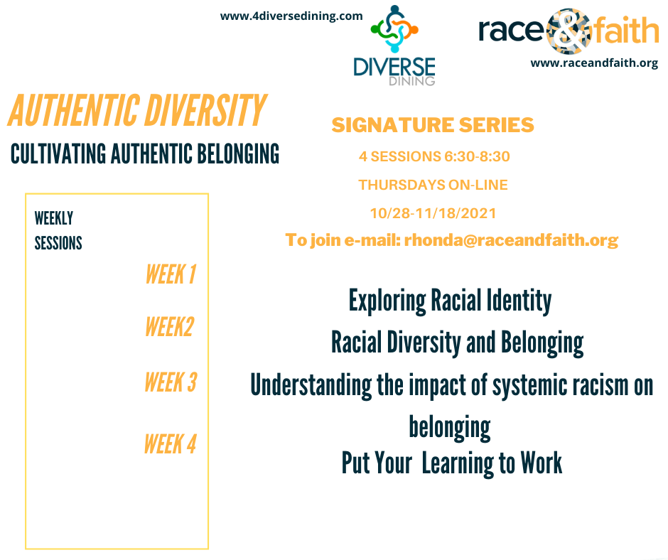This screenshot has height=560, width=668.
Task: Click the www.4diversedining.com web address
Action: (291, 16)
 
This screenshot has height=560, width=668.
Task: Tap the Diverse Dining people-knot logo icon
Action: (394, 29)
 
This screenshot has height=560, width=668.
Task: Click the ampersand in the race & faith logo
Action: (569, 31)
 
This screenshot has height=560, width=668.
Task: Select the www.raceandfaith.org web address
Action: (594, 63)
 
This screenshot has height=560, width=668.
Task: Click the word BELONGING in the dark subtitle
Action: (238, 154)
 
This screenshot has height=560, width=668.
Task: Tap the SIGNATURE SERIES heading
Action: (433, 125)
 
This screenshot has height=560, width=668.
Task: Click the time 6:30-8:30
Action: (477, 156)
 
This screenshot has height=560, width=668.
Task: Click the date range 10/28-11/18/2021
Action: (433, 213)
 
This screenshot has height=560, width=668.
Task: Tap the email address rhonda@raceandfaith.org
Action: (511, 240)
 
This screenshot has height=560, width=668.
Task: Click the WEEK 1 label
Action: (171, 274)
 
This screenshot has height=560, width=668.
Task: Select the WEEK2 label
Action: (170, 327)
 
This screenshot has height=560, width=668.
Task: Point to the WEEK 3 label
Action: (171, 382)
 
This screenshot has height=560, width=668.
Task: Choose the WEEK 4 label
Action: (171, 444)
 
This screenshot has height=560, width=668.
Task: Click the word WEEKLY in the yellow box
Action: (54, 218)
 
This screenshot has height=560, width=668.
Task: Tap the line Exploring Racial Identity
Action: (451, 301)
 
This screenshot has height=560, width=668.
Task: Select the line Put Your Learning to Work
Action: (451, 463)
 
